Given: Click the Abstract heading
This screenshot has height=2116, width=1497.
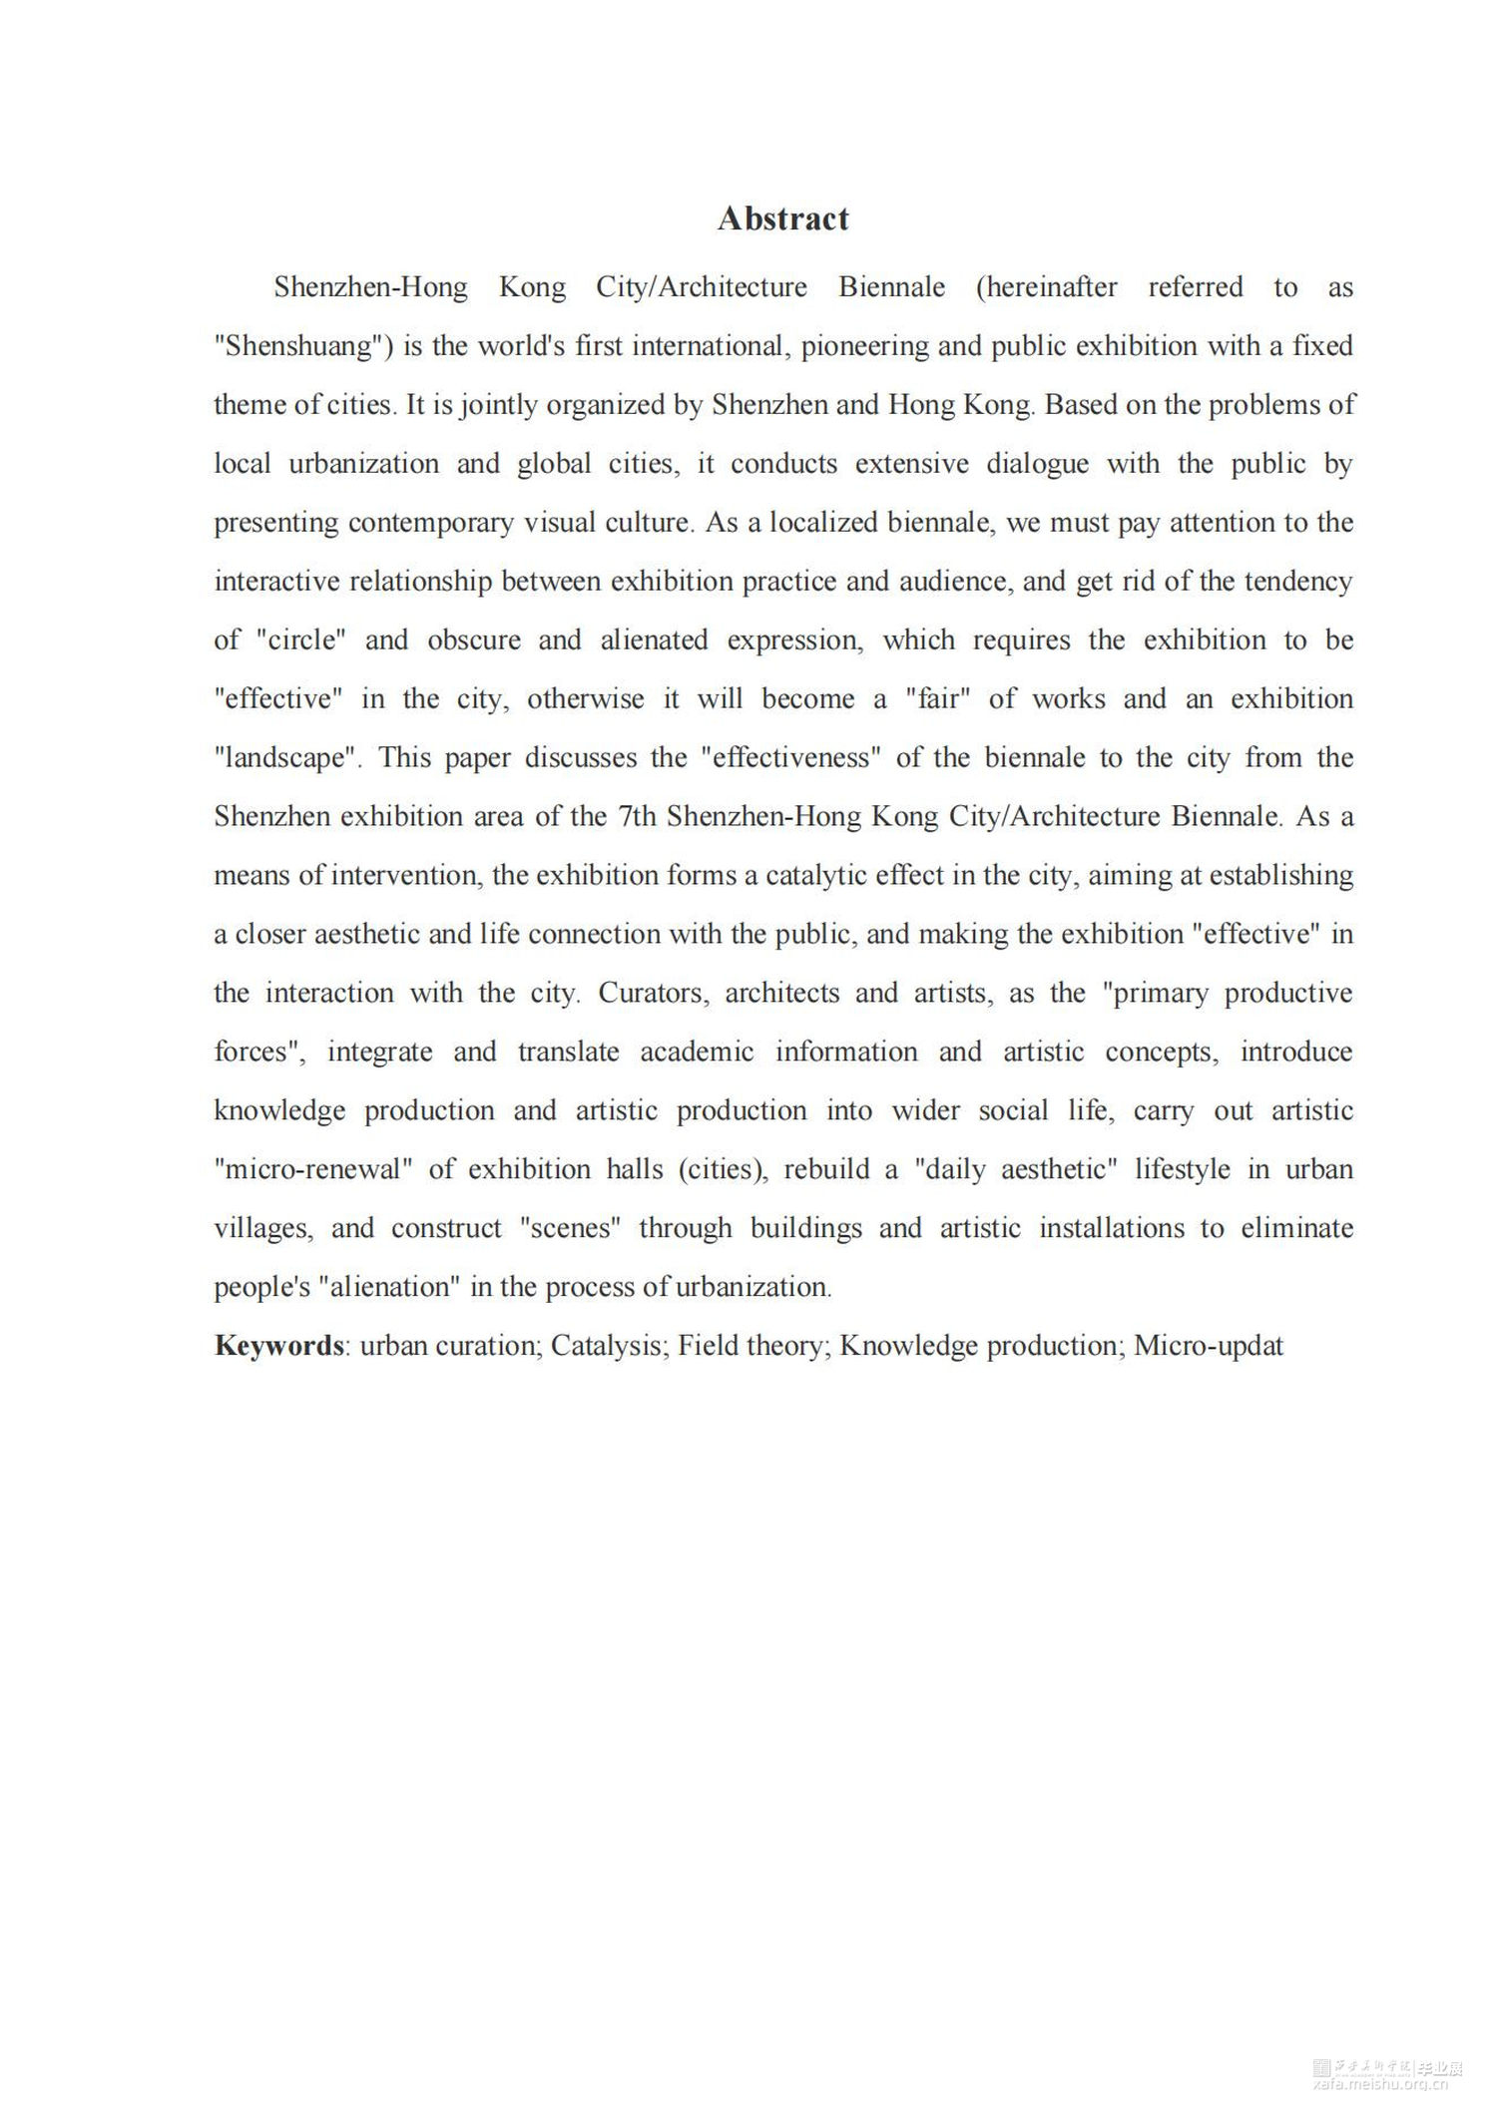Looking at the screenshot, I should [x=782, y=218].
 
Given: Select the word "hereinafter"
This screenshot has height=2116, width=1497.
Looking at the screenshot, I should [x=1046, y=287].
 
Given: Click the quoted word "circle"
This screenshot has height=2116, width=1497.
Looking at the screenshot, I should [x=307, y=640].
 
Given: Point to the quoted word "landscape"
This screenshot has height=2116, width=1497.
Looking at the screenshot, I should [x=286, y=758].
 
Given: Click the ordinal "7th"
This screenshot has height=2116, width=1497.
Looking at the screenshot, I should [x=638, y=817].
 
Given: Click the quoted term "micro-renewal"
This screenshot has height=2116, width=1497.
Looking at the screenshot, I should [x=313, y=1170].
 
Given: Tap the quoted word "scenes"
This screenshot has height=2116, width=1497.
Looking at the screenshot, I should [x=570, y=1229].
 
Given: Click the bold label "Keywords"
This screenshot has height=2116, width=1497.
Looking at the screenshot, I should [x=279, y=1346].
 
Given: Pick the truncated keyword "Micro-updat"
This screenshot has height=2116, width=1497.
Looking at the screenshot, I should [x=1209, y=1346].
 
